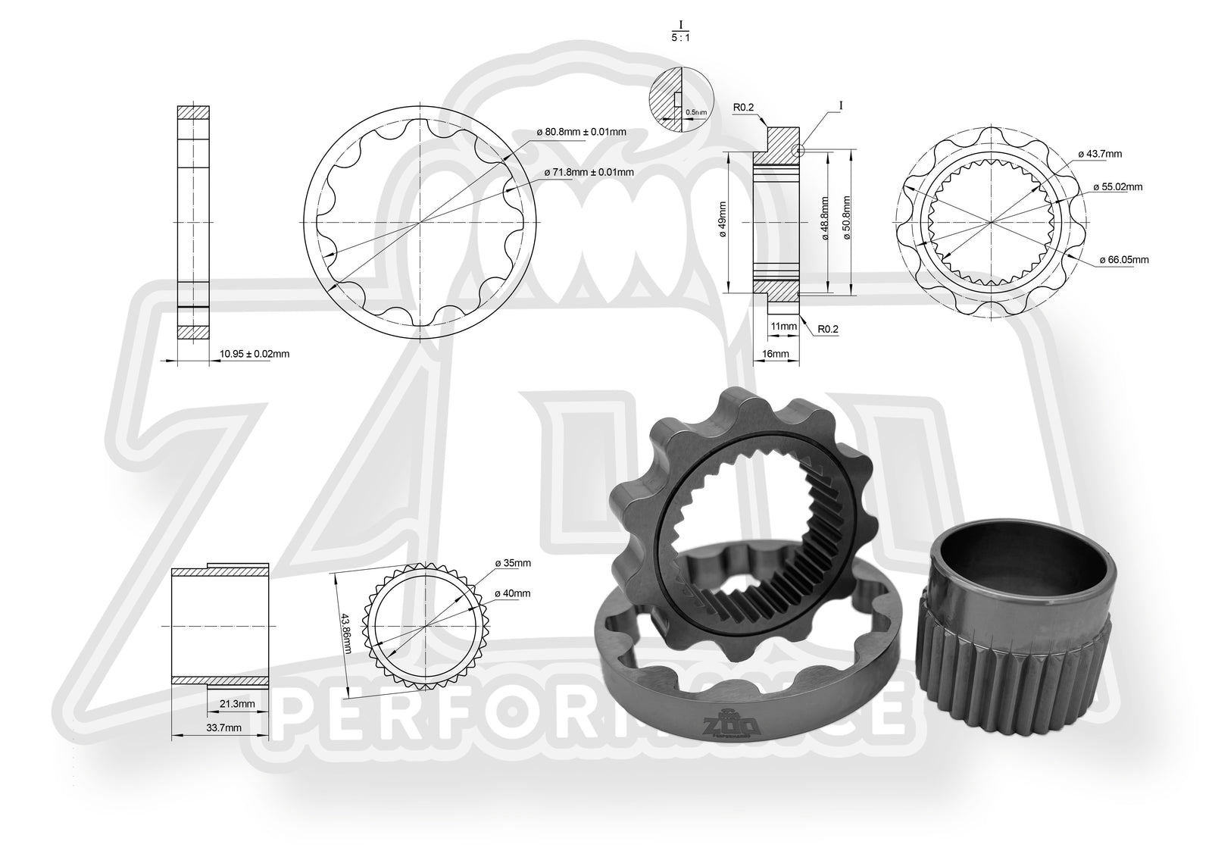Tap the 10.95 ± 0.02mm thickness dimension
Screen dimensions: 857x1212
point(255,353)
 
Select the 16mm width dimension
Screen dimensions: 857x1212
point(776,353)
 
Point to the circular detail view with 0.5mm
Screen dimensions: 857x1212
point(682,101)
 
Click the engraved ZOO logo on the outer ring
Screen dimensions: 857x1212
point(726,726)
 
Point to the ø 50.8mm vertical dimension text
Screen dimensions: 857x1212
point(846,218)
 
